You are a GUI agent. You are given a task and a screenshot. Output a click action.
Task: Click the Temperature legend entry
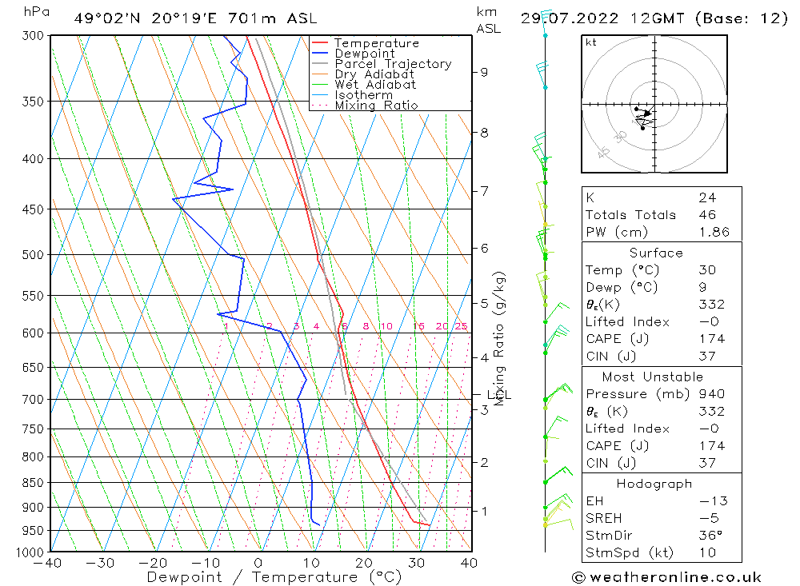click(x=376, y=43)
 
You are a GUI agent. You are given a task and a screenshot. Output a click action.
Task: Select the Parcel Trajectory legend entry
click(x=393, y=64)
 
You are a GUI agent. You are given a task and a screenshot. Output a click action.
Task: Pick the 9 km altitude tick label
click(x=484, y=72)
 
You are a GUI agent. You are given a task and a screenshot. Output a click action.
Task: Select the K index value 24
click(x=706, y=197)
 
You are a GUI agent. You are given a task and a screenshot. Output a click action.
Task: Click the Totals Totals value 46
click(x=706, y=215)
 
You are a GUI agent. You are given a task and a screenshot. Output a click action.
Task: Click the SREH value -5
click(x=706, y=518)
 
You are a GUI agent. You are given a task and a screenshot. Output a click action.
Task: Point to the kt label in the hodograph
click(x=591, y=42)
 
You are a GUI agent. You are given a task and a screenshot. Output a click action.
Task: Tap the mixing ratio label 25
click(x=461, y=326)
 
